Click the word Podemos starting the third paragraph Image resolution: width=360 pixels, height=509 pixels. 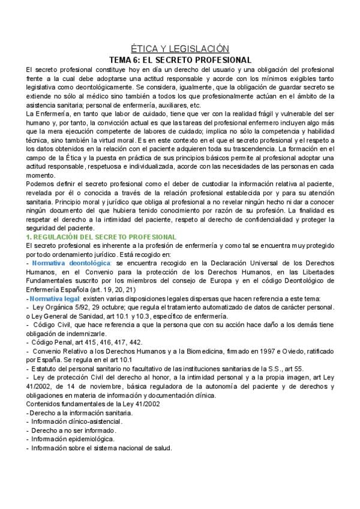click(x=41, y=182)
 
